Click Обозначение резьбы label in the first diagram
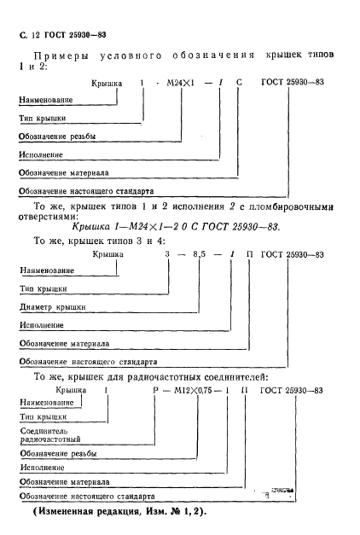(x=59, y=137)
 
